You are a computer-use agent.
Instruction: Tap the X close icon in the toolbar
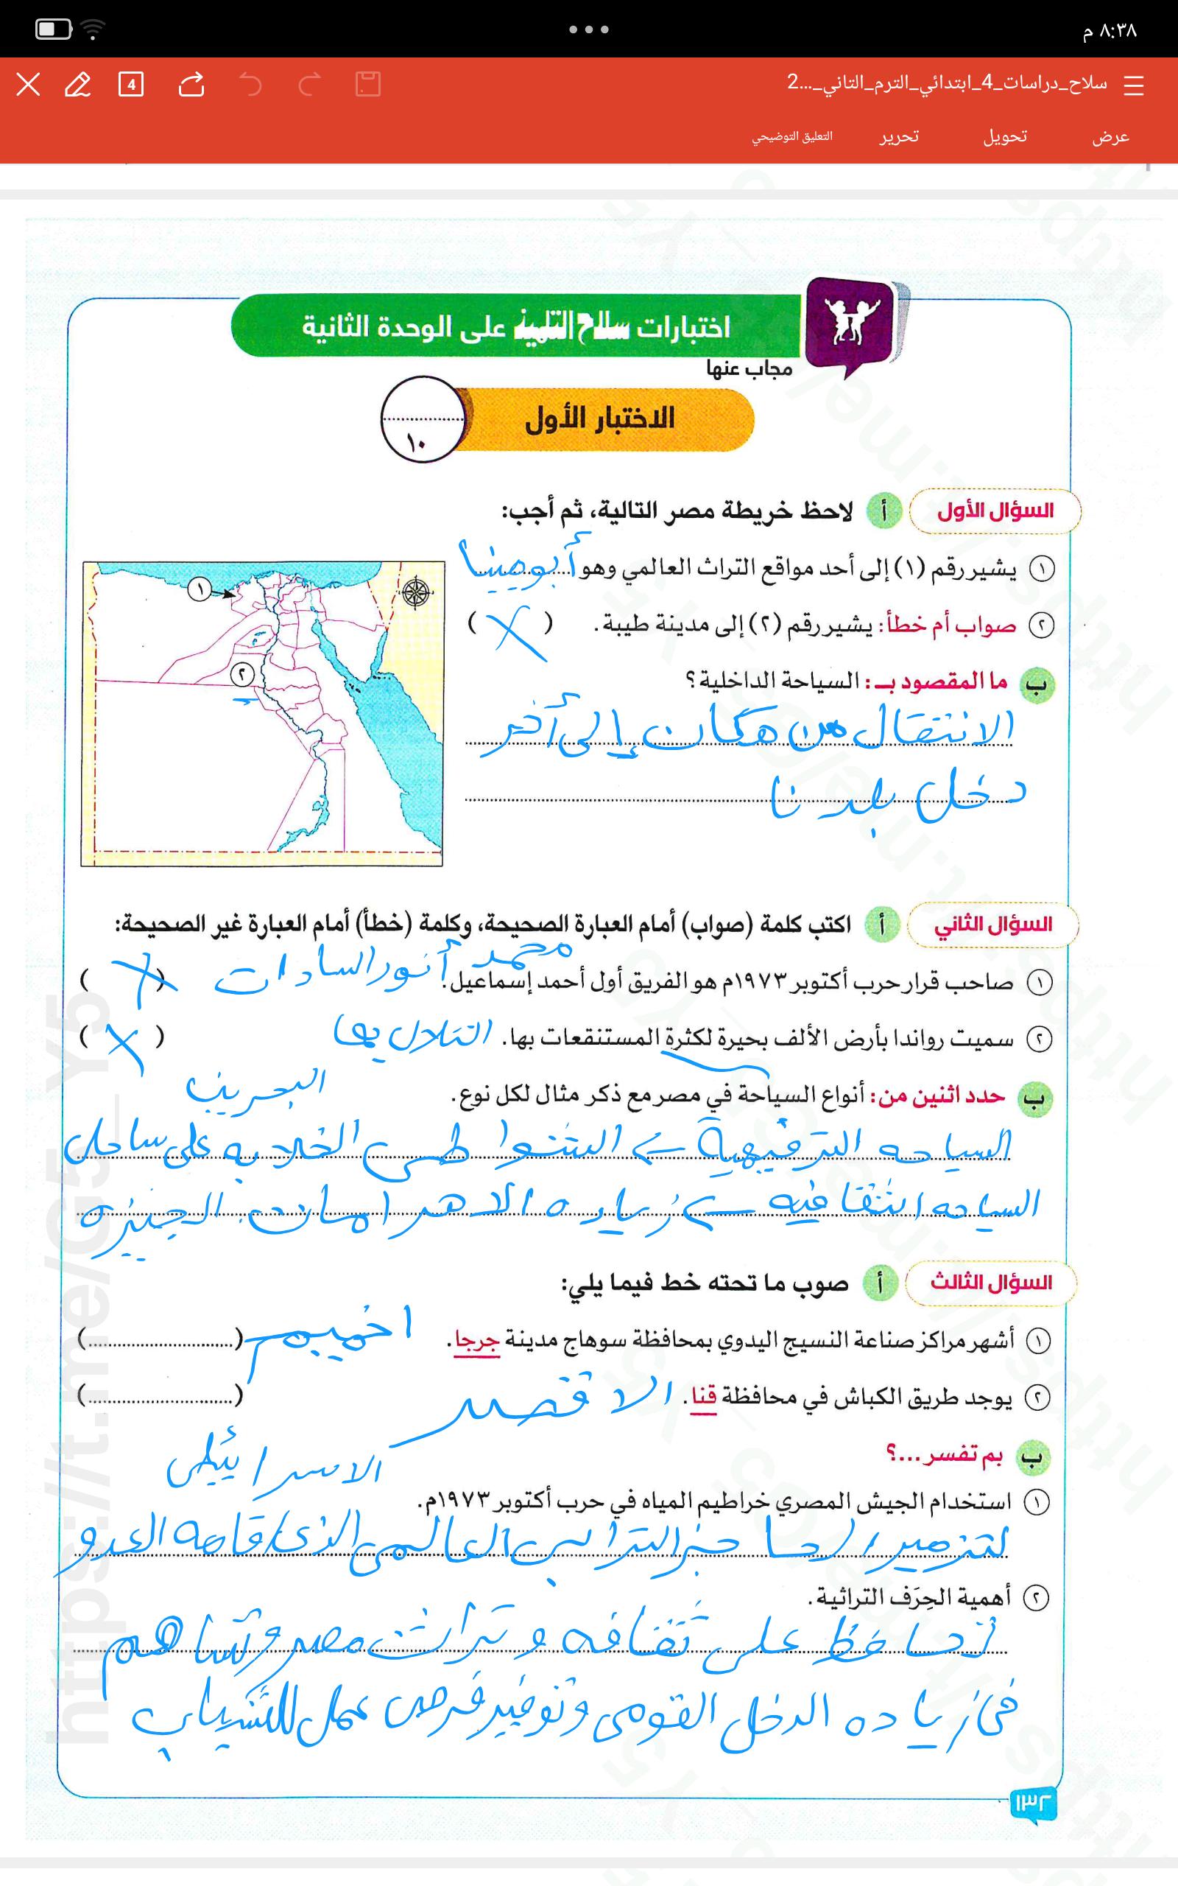coord(28,84)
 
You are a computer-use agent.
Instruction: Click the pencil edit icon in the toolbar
coord(77,84)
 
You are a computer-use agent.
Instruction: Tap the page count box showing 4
coord(131,84)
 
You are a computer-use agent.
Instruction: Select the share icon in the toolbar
coord(191,84)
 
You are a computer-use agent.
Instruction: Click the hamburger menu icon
coord(1134,85)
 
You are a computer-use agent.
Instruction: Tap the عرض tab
coord(1110,137)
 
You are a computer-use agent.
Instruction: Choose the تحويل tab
coord(1004,137)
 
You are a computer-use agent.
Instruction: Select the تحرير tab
coord(899,137)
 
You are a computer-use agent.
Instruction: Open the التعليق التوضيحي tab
coord(791,137)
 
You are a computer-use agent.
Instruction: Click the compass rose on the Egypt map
coord(417,593)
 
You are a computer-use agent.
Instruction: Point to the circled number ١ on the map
coord(200,589)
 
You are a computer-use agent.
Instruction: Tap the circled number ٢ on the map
coord(242,674)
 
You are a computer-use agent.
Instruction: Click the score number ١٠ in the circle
coord(415,444)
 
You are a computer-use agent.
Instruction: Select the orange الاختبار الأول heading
coord(600,419)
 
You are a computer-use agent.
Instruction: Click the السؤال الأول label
coord(995,511)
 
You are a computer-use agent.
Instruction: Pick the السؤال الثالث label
coord(991,1282)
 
